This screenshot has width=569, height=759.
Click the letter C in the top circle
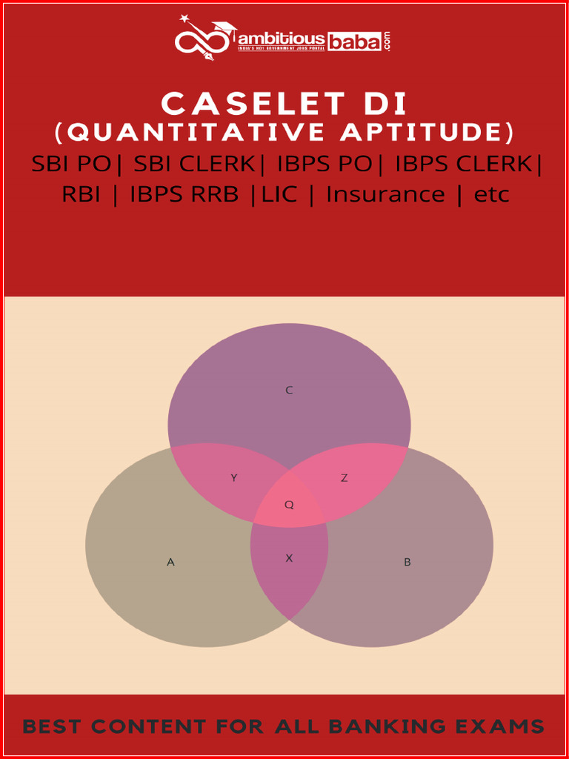[x=289, y=390]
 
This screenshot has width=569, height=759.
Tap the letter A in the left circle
[x=170, y=562]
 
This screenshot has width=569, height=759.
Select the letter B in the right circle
[x=407, y=562]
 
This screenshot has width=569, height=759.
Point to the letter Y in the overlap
[x=233, y=478]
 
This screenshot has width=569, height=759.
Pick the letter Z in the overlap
[x=344, y=478]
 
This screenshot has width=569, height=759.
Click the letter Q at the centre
[x=289, y=505]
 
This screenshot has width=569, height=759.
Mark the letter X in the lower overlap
[x=289, y=558]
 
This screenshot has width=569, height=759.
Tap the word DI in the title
[x=386, y=104]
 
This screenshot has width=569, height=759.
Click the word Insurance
[x=385, y=194]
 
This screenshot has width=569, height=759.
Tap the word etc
[x=491, y=195]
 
